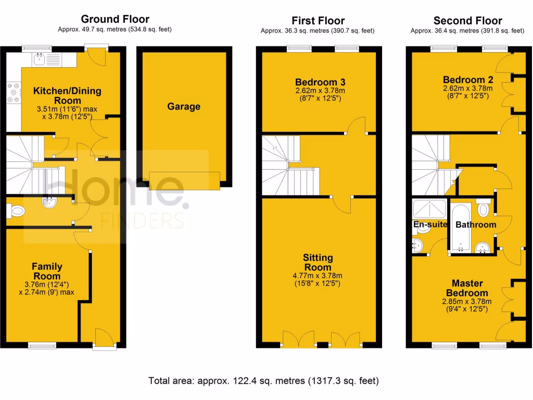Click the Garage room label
click(x=184, y=107)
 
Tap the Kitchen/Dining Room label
click(x=67, y=96)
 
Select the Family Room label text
click(x=47, y=271)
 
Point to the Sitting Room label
click(x=319, y=262)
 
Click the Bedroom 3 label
click(x=320, y=82)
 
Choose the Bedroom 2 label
click(x=468, y=80)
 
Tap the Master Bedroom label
click(x=467, y=288)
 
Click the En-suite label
click(x=430, y=225)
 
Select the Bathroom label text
click(x=476, y=225)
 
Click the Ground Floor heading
click(x=115, y=20)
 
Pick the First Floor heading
click(x=318, y=21)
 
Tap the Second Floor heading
click(x=467, y=21)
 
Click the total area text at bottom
click(x=264, y=381)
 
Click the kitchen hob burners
click(x=13, y=93)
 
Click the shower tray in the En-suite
click(x=429, y=208)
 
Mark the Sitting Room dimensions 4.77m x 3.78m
click(x=319, y=276)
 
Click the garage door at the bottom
click(x=184, y=180)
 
